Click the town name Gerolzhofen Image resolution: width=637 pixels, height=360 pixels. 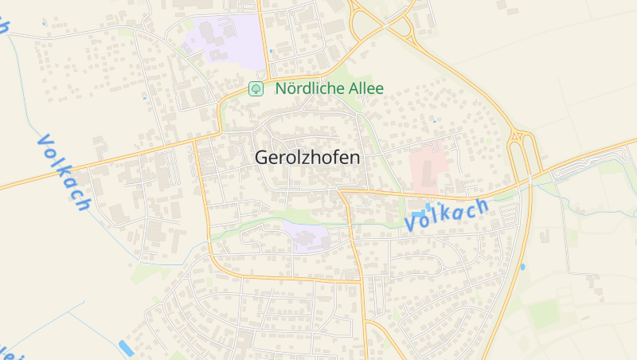click(x=307, y=158)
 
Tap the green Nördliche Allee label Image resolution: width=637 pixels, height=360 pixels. click(x=329, y=88)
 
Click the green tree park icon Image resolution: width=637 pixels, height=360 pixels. click(x=256, y=88)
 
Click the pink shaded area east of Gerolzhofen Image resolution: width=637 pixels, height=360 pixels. click(x=428, y=165)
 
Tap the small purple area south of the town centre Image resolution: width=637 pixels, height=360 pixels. click(x=307, y=237)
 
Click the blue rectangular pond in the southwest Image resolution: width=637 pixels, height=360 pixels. click(x=126, y=347)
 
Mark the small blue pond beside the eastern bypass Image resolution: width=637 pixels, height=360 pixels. click(x=522, y=268)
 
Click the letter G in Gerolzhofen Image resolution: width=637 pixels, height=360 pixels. click(x=262, y=158)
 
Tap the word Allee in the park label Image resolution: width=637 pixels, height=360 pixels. click(x=365, y=88)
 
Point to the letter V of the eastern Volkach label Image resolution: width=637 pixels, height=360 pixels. click(x=412, y=225)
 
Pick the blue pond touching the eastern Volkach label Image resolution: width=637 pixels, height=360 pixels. click(x=431, y=208)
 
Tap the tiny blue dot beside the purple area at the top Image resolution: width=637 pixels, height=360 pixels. click(x=271, y=51)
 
